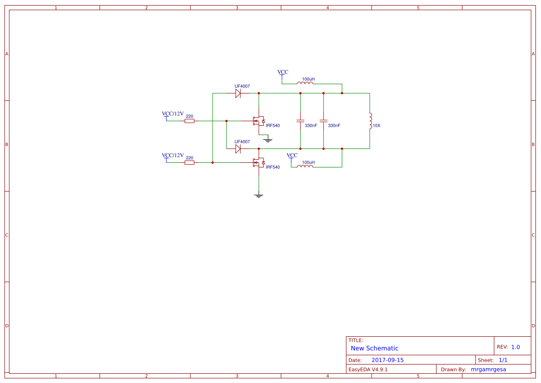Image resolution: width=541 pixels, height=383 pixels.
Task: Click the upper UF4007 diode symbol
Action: pos(238,93)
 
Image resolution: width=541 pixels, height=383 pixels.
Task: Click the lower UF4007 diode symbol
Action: pos(238,149)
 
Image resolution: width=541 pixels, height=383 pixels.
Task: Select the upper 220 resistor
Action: pos(189,121)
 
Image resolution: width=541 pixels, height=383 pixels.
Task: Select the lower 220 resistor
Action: pos(189,163)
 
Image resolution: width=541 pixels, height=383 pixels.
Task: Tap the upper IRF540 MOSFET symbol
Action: pos(258,121)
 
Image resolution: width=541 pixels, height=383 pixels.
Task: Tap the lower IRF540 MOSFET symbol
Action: pos(258,163)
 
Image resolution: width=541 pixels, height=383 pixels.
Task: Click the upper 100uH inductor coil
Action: pos(305,83)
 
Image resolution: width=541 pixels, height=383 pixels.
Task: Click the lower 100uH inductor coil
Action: pos(305,167)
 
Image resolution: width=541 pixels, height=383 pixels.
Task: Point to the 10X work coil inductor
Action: pos(370,121)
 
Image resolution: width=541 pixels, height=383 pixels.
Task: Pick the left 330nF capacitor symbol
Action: pos(300,121)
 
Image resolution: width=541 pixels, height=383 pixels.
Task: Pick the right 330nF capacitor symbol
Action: pos(323,121)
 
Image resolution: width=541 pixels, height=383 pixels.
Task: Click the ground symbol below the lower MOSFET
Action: pos(259,196)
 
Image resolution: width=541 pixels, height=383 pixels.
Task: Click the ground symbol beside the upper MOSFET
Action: pos(267,139)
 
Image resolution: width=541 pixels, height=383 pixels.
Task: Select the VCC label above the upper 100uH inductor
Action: pos(283,73)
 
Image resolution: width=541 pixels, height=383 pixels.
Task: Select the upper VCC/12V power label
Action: pos(172,114)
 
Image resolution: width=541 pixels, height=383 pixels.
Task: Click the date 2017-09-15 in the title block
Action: pos(387,360)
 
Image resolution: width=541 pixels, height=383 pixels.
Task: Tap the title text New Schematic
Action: pos(374,348)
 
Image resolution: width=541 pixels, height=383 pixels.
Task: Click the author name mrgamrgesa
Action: pos(488,369)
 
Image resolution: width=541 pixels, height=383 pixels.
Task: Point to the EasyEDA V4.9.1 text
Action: pos(368,369)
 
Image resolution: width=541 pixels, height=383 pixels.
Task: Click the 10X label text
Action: pos(377,126)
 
